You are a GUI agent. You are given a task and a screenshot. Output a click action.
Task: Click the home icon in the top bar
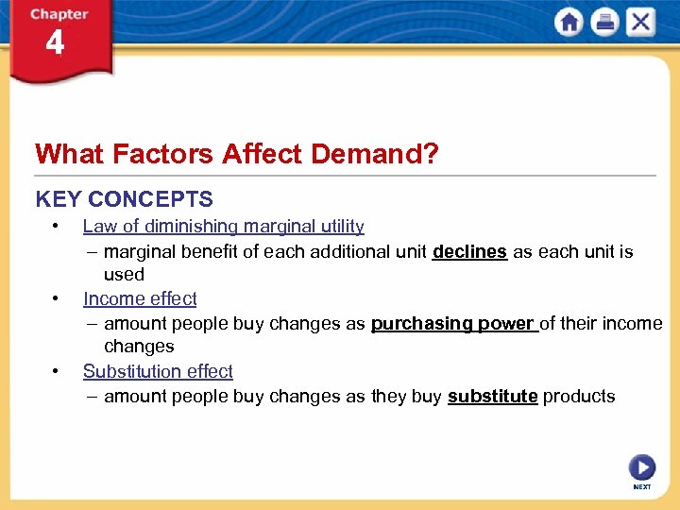[569, 22]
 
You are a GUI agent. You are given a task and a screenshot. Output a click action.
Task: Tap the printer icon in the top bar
[604, 22]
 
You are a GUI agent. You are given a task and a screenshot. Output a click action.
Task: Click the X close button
[640, 22]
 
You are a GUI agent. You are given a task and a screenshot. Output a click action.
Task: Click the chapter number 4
[55, 43]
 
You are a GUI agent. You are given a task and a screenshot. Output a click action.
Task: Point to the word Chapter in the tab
[59, 14]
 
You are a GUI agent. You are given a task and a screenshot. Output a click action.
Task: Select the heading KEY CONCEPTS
[124, 199]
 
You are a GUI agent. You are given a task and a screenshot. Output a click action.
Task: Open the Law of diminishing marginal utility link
[223, 226]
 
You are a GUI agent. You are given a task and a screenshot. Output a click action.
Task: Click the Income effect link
[140, 298]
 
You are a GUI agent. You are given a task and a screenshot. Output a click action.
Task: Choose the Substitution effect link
[158, 371]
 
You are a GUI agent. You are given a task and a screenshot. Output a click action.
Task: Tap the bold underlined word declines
[469, 251]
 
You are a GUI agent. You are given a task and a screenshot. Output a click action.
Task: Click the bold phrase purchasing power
[452, 323]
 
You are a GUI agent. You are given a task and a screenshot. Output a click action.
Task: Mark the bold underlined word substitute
[492, 396]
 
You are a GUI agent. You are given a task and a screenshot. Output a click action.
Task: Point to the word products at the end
[579, 396]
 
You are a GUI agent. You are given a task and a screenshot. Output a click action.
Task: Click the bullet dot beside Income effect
[58, 298]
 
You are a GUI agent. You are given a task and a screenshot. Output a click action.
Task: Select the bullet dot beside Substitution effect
[58, 371]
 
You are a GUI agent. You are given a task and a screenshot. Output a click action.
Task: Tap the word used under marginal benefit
[124, 274]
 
